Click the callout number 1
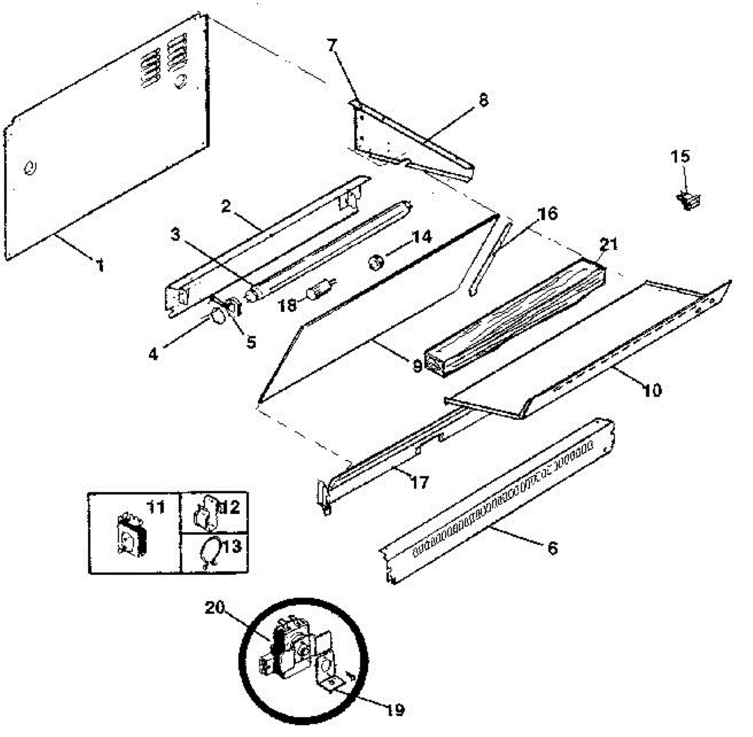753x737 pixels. (99, 266)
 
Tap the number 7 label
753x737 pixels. (332, 45)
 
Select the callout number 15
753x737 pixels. (680, 156)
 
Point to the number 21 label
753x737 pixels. (608, 244)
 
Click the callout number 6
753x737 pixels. (552, 548)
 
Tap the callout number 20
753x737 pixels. (215, 608)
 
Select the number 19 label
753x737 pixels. (394, 710)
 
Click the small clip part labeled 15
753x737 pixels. (688, 200)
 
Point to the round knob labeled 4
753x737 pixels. (217, 317)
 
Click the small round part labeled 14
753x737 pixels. (377, 262)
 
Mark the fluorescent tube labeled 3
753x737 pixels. (314, 251)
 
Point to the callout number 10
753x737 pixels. (652, 390)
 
